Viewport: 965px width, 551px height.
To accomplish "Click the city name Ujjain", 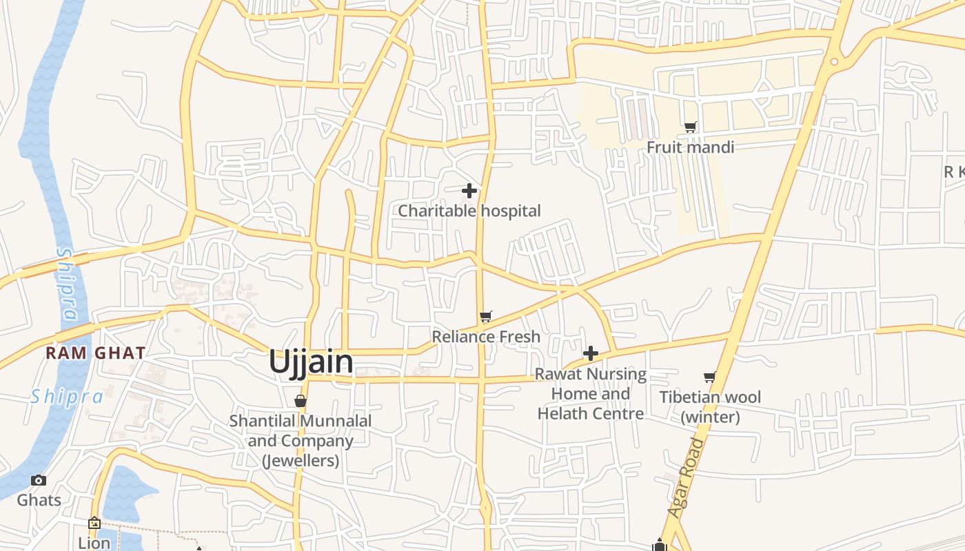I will pyautogui.click(x=311, y=362).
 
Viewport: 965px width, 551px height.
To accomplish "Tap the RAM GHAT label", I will pyautogui.click(x=95, y=353).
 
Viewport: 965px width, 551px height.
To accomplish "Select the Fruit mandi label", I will pyautogui.click(x=690, y=147).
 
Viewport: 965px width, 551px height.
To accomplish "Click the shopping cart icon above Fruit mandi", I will pyautogui.click(x=690, y=127).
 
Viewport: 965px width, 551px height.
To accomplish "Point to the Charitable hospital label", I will pyautogui.click(x=469, y=211).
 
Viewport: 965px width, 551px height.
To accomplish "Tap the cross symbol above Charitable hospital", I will pyautogui.click(x=469, y=190).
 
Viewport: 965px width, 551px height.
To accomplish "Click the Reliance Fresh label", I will pyautogui.click(x=486, y=337).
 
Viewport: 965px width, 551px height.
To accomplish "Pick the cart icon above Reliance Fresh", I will pyautogui.click(x=486, y=316).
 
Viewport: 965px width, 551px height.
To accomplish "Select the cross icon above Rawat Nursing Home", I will pyautogui.click(x=591, y=353).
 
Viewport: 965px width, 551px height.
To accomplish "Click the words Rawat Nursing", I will pyautogui.click(x=591, y=375).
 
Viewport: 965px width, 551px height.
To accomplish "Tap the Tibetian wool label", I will pyautogui.click(x=710, y=397).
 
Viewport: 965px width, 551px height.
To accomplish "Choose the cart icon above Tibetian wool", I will pyautogui.click(x=709, y=377).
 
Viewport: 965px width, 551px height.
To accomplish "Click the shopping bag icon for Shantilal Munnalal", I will pyautogui.click(x=300, y=401).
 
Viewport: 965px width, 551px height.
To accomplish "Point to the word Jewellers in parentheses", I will pyautogui.click(x=301, y=460).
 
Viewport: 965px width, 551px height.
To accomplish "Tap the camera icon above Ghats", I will pyautogui.click(x=39, y=480).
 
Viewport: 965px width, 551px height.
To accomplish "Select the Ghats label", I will pyautogui.click(x=39, y=500).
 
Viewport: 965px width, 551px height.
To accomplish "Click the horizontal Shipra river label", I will pyautogui.click(x=66, y=397).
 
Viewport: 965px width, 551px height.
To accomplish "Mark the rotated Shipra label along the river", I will pyautogui.click(x=66, y=284).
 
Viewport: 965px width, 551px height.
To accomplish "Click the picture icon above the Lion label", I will pyautogui.click(x=94, y=523).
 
